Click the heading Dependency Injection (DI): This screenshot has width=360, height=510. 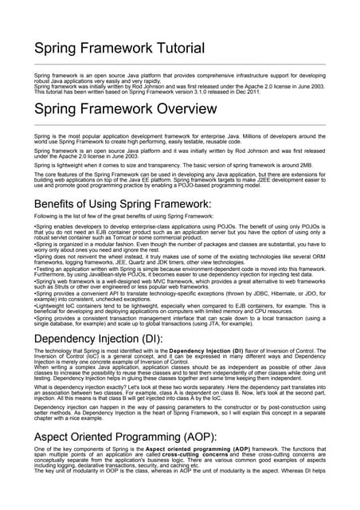pyautogui.click(x=99, y=338)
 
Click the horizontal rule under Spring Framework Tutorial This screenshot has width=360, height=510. pyautogui.click(x=180, y=64)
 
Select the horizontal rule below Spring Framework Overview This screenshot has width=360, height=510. pyautogui.click(x=180, y=125)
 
